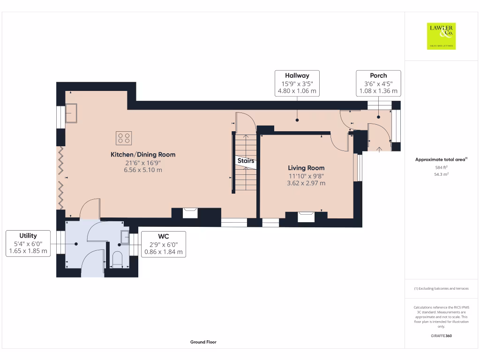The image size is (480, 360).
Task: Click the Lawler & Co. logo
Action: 441,36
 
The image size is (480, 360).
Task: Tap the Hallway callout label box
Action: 297,83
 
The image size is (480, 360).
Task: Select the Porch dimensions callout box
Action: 378,83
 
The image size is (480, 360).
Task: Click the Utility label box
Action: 28,243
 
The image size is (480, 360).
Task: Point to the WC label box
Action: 164,244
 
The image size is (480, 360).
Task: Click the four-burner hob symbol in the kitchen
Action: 124,138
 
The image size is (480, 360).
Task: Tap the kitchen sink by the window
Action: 71,113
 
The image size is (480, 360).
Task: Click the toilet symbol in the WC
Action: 117,260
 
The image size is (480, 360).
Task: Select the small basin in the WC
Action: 125,237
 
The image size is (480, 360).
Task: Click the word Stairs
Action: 246,160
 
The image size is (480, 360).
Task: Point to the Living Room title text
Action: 306,168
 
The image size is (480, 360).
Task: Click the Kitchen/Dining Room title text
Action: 143,155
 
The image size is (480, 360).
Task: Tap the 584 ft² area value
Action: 441,167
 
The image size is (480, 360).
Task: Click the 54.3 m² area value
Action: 441,174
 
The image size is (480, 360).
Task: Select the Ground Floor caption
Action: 203,342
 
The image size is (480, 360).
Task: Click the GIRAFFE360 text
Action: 441,336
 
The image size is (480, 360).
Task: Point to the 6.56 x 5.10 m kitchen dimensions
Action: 143,170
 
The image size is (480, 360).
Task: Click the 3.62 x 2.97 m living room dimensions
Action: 306,183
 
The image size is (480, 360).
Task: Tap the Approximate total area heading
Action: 441,159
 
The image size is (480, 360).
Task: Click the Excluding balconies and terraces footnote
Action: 441,288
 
